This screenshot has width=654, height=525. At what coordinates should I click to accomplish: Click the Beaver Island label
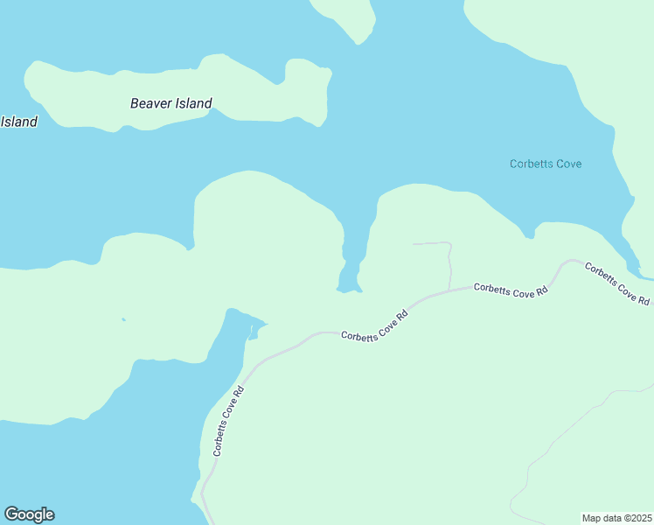pos(170,103)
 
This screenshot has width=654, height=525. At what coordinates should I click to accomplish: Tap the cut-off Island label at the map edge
pos(18,122)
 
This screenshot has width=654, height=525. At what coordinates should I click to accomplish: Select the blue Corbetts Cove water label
pos(546,164)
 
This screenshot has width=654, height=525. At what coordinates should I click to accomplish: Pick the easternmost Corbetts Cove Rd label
pos(617,283)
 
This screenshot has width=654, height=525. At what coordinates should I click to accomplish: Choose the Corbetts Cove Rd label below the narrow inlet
pos(375,327)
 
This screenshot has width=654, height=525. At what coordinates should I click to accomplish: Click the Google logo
pos(29,514)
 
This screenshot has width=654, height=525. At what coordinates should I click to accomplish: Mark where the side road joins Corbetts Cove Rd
pos(449,290)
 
